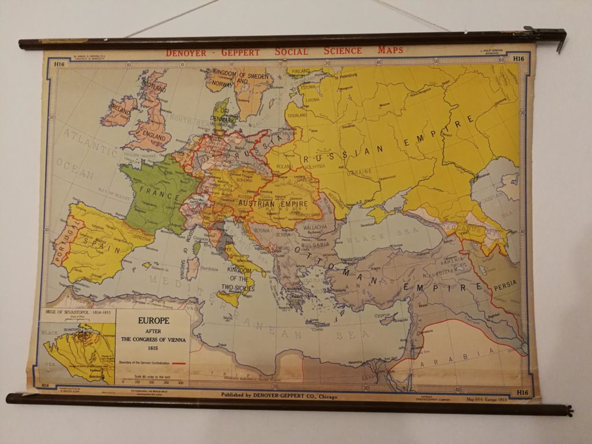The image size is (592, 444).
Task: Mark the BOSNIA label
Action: [262, 231]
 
